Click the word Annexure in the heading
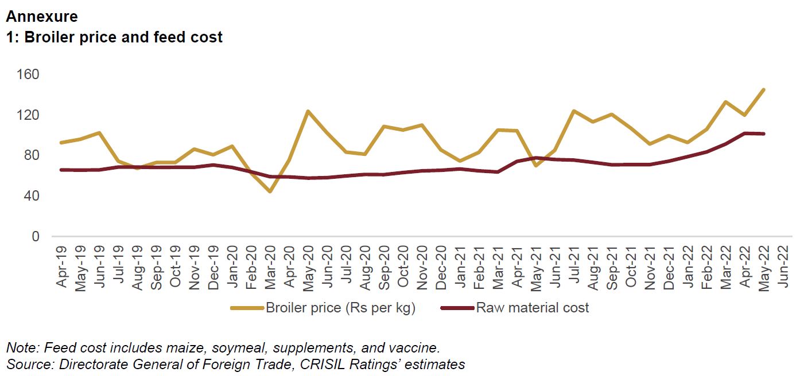(42, 17)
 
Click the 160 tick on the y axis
(28, 75)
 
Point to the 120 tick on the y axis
(28, 115)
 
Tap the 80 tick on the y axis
(31, 155)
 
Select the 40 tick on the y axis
(31, 196)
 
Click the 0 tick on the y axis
(36, 236)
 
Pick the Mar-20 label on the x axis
(269, 267)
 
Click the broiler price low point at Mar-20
(269, 191)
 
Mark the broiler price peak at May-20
(308, 111)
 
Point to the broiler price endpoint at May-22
(763, 89)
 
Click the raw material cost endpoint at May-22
(763, 134)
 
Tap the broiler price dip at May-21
(535, 166)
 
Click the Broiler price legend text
(340, 308)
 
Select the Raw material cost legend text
(533, 308)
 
